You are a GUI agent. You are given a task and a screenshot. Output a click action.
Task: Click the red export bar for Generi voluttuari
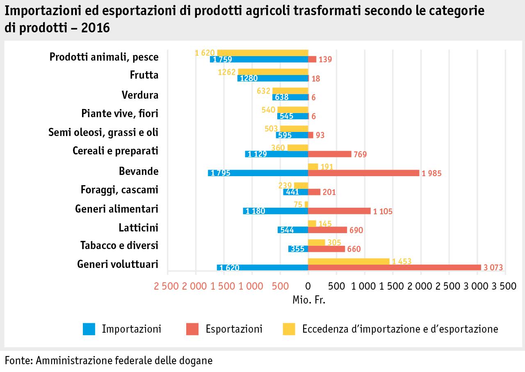click(394, 268)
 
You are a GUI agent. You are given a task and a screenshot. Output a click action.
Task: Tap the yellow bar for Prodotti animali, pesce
click(262, 52)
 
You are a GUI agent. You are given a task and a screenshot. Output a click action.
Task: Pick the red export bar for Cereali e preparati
click(329, 154)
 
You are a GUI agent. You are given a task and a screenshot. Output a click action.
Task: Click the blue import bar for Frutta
click(272, 78)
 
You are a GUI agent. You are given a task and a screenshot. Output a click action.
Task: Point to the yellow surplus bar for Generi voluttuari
click(349, 261)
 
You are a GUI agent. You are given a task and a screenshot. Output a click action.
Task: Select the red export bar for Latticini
click(327, 230)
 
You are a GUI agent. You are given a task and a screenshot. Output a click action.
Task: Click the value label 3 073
click(493, 268)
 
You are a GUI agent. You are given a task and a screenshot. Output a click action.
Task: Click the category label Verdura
click(140, 95)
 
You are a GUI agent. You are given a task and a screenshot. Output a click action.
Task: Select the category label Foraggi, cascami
click(119, 190)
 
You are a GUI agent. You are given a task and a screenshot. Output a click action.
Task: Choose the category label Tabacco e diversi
click(119, 245)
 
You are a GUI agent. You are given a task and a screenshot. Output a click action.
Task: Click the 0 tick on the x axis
click(308, 286)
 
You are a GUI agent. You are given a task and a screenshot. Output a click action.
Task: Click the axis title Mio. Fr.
click(308, 300)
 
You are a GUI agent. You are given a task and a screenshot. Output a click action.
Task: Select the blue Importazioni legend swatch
click(89, 329)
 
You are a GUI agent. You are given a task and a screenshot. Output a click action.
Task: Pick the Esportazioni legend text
click(234, 329)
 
